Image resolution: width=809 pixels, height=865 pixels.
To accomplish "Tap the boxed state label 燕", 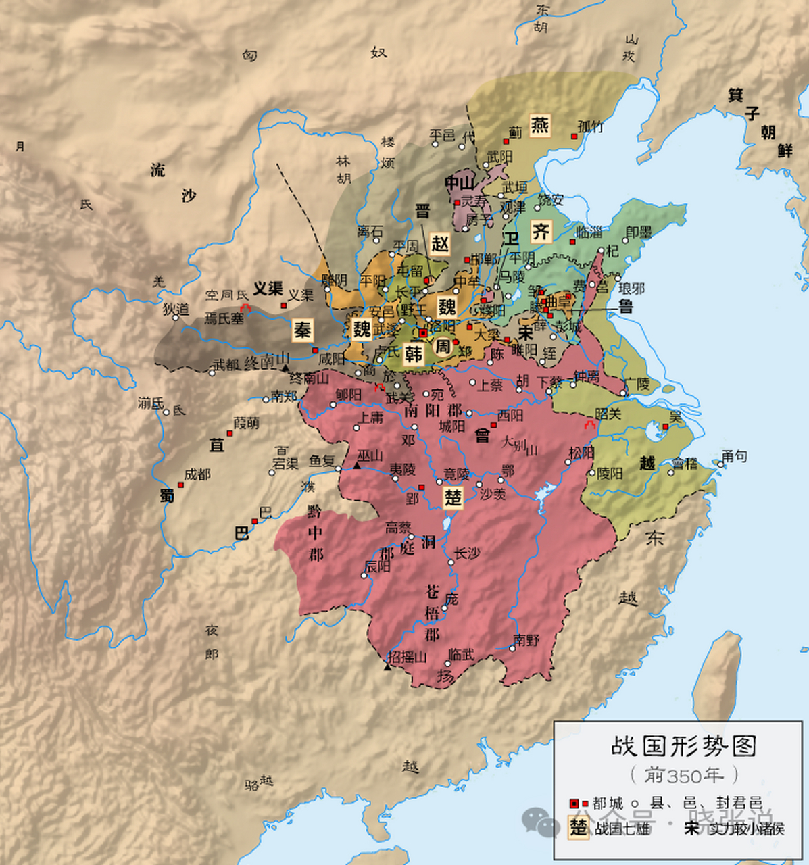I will click(x=539, y=125).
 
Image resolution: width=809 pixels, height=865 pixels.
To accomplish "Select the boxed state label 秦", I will click(x=302, y=330).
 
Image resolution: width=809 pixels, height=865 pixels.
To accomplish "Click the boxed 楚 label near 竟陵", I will click(x=452, y=497).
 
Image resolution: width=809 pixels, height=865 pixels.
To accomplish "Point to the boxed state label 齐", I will click(x=540, y=232).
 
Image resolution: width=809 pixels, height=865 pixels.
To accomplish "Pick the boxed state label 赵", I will click(x=440, y=244).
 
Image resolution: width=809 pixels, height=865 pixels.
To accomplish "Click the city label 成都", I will click(x=197, y=474).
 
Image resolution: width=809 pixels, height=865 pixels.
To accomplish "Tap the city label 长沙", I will click(x=467, y=553).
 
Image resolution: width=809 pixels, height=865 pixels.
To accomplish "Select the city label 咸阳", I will click(x=332, y=359).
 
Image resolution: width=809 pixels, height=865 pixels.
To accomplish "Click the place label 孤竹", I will click(x=590, y=126).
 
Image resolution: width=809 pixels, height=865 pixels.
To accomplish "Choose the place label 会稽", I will click(x=684, y=463).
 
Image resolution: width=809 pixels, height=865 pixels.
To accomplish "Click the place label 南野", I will click(x=526, y=639).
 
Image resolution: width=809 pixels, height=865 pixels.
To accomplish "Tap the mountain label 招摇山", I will click(x=408, y=657).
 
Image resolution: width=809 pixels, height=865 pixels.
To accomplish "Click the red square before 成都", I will click(x=180, y=485).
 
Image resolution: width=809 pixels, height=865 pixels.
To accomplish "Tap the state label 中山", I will click(x=460, y=182).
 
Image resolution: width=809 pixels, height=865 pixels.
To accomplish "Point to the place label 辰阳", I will click(x=378, y=566).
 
